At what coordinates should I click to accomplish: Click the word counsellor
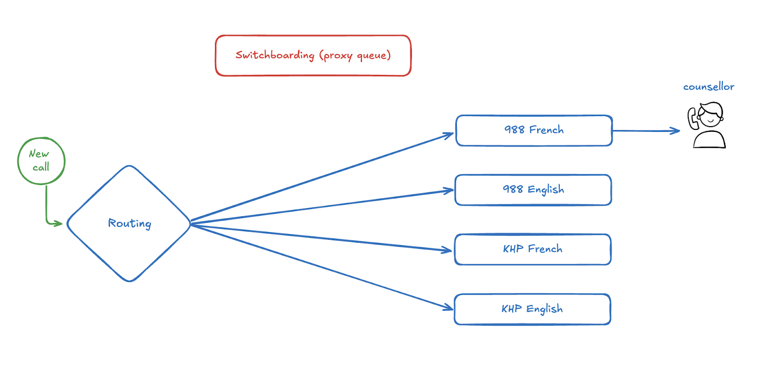click(x=708, y=87)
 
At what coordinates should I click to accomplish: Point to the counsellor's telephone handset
click(x=693, y=118)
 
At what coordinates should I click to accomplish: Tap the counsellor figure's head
click(x=711, y=115)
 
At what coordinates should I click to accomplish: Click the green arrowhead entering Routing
click(x=58, y=223)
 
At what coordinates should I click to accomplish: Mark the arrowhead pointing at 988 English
click(x=448, y=191)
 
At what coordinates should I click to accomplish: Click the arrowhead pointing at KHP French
click(x=447, y=250)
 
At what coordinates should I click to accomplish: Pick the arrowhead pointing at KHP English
click(x=448, y=307)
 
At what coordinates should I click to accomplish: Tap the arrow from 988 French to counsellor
click(x=646, y=130)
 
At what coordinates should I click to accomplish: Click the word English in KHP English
click(x=544, y=309)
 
